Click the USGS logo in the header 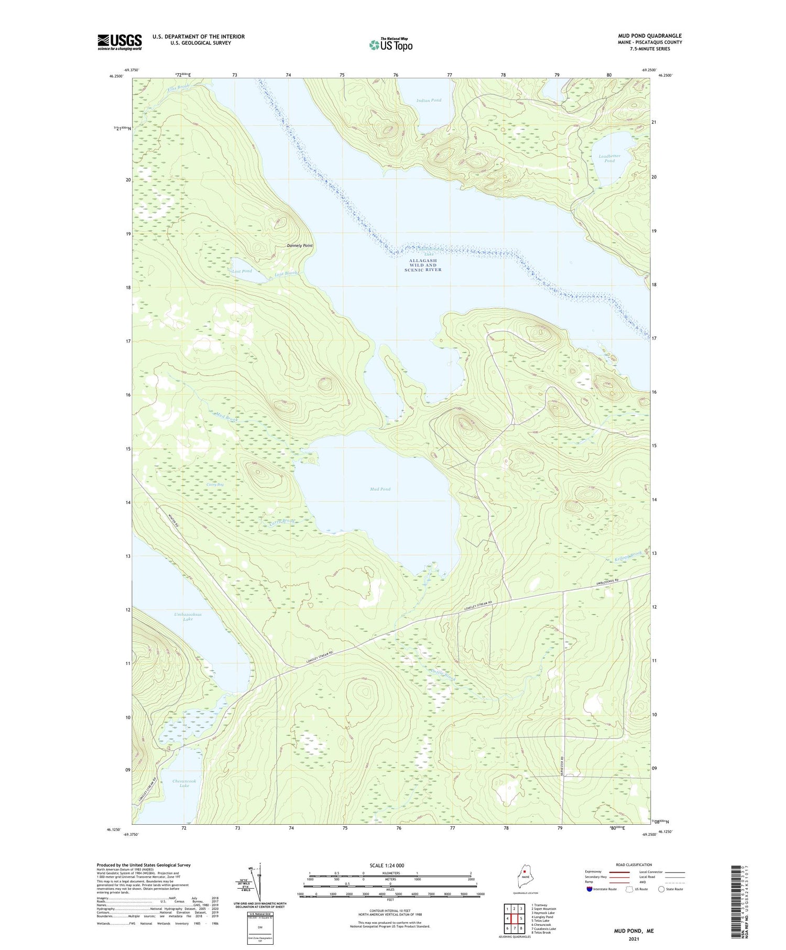[x=119, y=42]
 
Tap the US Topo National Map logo [x=390, y=45]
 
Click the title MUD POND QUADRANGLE [x=650, y=36]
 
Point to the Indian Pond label [x=429, y=100]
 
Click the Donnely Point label [x=299, y=246]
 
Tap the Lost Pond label [x=242, y=271]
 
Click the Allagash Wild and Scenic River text [x=425, y=265]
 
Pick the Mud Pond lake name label [x=380, y=489]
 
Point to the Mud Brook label [x=226, y=418]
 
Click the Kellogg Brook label [x=628, y=556]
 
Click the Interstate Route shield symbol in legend [x=589, y=889]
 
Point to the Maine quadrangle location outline [x=522, y=876]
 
